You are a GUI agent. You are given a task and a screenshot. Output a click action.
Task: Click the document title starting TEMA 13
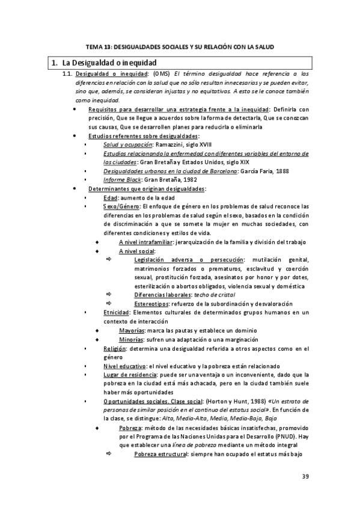coord(180,46)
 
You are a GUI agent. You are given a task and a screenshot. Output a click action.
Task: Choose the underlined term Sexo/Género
coord(122,206)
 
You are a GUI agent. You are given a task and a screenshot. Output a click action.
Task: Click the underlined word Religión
coord(115,349)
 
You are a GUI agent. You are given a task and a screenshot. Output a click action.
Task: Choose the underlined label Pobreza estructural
coord(162,454)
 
